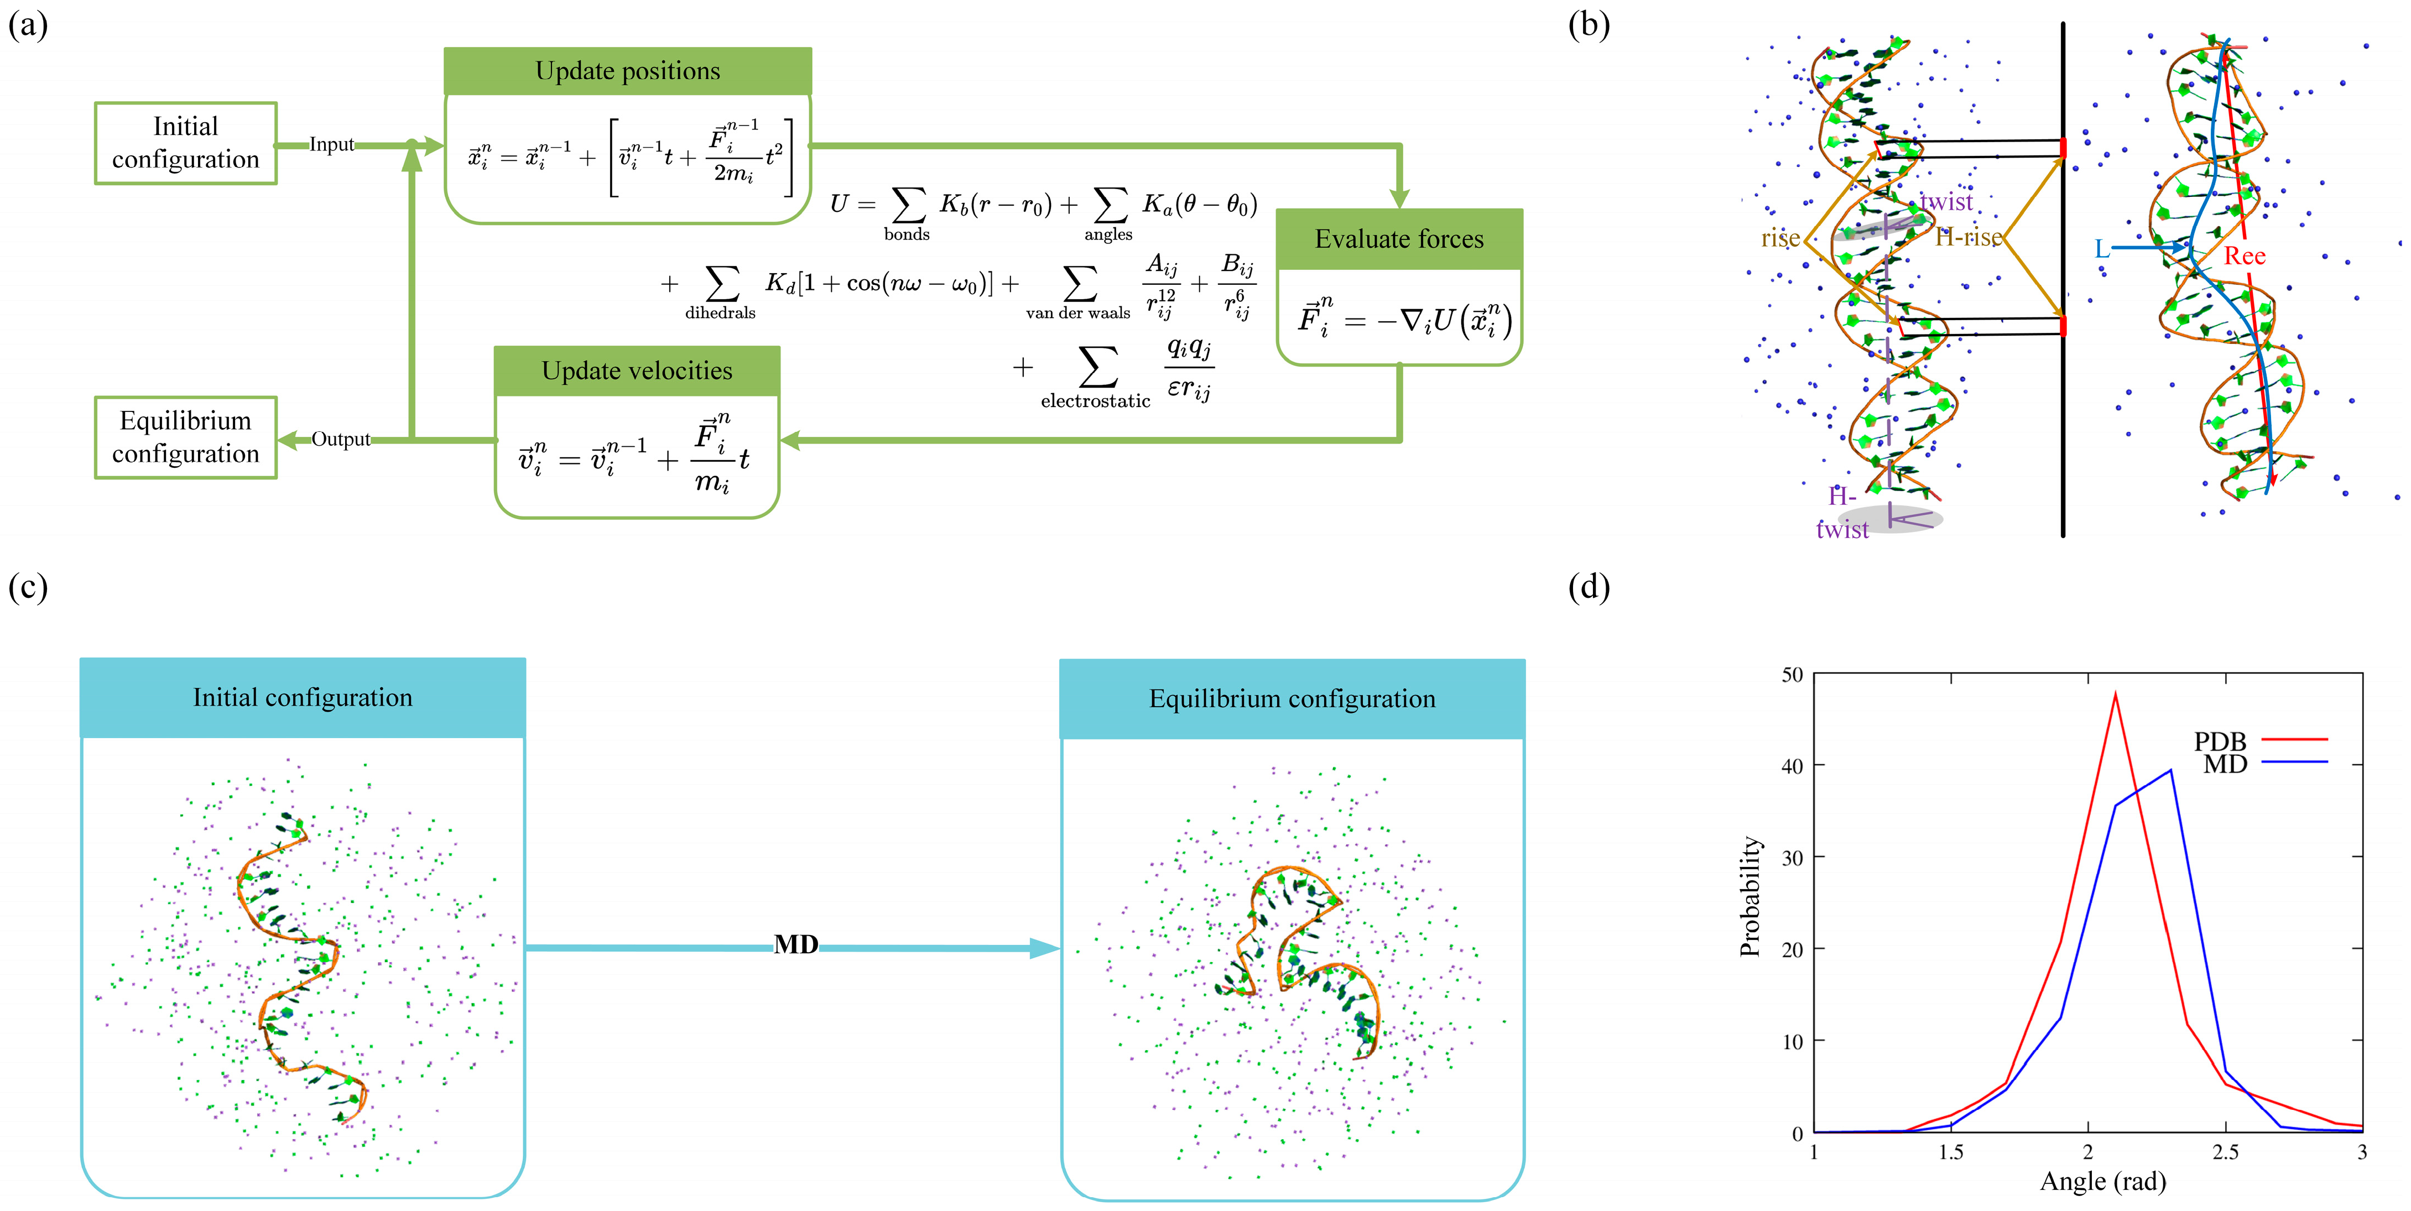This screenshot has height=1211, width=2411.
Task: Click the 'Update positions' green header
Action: pos(627,71)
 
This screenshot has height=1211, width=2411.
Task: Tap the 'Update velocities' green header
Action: pos(637,370)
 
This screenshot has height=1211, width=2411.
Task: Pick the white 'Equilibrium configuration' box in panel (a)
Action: pos(185,437)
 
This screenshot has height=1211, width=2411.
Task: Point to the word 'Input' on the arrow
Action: pos(331,145)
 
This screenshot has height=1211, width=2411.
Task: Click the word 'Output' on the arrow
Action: pos(341,439)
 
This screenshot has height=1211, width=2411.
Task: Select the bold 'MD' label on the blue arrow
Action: pos(795,945)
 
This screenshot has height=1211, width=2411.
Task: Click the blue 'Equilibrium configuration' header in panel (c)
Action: pos(1292,699)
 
